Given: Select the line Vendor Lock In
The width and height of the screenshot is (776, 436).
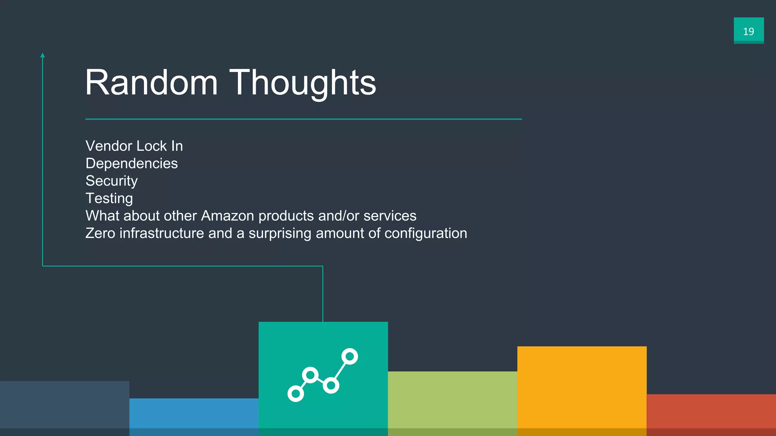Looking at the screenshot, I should click(x=134, y=146).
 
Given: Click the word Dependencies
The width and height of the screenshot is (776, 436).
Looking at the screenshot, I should click(x=131, y=163).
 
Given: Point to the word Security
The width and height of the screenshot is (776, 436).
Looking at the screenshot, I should click(x=111, y=181).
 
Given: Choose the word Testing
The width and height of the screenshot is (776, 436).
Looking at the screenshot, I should click(x=109, y=198).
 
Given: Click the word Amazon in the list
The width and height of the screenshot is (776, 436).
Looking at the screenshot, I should click(x=227, y=216).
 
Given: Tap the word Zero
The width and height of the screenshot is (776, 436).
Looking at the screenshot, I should click(x=100, y=233).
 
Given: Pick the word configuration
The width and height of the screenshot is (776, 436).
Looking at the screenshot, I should click(x=426, y=234).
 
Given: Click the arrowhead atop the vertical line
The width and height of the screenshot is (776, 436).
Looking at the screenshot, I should click(x=42, y=55).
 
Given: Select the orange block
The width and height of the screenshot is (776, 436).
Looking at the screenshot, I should click(x=582, y=390).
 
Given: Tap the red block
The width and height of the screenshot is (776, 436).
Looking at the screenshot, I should click(x=711, y=414).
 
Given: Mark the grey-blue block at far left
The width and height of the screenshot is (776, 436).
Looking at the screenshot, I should click(x=64, y=407).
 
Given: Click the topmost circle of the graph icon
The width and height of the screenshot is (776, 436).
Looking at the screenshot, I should click(x=349, y=357).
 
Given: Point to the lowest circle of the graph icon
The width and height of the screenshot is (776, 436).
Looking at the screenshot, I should click(x=296, y=394).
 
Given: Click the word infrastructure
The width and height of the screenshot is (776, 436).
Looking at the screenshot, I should click(x=162, y=233).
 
